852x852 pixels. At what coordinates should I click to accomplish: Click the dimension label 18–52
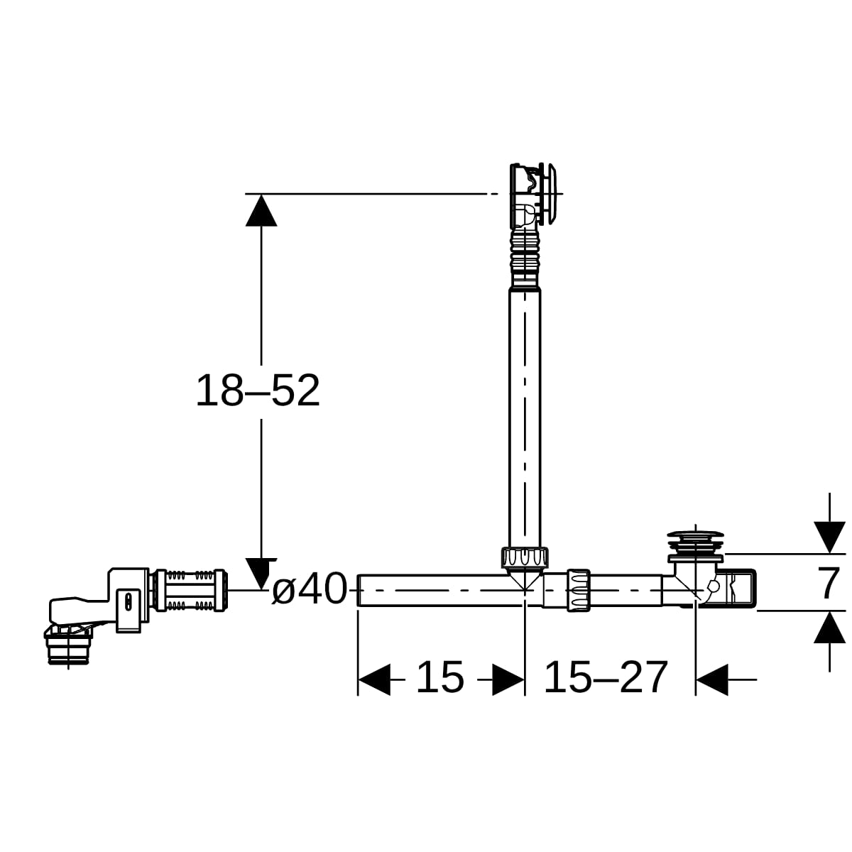(258, 390)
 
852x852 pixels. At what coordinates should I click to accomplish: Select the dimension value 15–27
(606, 677)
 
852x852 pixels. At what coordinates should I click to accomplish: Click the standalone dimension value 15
(440, 677)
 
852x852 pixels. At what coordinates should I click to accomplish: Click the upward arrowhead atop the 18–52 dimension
(261, 210)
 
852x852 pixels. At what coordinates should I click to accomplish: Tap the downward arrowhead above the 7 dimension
(829, 537)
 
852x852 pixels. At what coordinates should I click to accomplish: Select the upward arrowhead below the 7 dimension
(829, 627)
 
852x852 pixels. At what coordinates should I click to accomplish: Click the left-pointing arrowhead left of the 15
(374, 679)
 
